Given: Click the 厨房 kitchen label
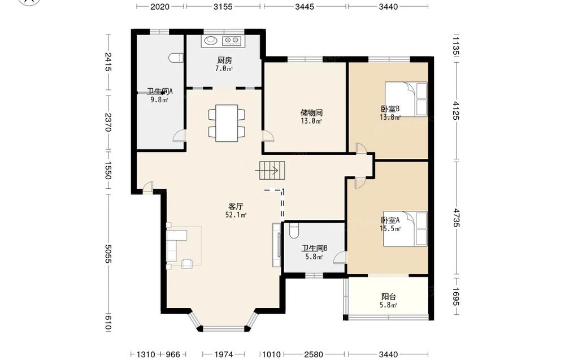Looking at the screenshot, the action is pos(224,60).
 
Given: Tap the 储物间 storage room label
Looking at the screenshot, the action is pos(311,113).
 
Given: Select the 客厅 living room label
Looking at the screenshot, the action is pos(236,207).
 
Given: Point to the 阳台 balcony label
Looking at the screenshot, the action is pos(389,297).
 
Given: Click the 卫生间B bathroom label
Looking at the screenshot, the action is pos(314,249).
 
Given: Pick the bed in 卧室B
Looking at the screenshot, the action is pos(406,99).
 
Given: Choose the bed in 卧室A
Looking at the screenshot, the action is pos(405,229).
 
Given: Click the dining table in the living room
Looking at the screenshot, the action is pos(227,123).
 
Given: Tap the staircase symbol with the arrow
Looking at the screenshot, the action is pos(272,171).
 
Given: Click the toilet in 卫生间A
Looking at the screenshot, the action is pos(176,58).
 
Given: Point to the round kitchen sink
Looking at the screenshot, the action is pos(210,40).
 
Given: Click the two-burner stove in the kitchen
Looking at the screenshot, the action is pos(232,41).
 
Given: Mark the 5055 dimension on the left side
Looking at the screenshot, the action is pos(108,254).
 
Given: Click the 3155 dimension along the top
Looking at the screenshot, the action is pos(223,6).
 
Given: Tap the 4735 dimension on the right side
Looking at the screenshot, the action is pos(456,218).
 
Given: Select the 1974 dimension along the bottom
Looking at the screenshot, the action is pos(224,354).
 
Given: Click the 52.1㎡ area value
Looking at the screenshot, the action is pos(236,215).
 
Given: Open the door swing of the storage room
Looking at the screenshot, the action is pos(268,136).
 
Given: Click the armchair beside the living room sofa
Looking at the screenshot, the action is pos(188,264).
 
